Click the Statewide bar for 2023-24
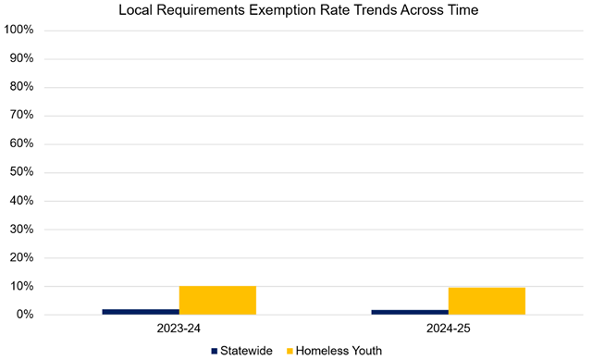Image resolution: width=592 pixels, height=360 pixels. (141, 312)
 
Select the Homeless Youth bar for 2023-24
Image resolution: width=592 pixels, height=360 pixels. (217, 301)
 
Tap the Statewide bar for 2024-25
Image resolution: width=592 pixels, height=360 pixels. (410, 312)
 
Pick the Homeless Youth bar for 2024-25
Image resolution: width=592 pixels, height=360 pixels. (487, 302)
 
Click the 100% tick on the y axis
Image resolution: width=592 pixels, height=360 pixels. (19, 30)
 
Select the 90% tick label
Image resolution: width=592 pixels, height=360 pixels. (22, 58)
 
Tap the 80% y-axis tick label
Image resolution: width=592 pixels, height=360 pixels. (22, 87)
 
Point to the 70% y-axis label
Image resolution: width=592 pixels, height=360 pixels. (22, 116)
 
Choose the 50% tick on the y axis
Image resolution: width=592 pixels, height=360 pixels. (22, 172)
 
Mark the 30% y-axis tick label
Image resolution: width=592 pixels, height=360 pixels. (22, 230)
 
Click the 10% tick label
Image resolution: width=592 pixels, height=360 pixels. (22, 287)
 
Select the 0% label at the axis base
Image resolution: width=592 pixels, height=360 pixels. (25, 316)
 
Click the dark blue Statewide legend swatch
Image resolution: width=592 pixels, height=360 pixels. (215, 351)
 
